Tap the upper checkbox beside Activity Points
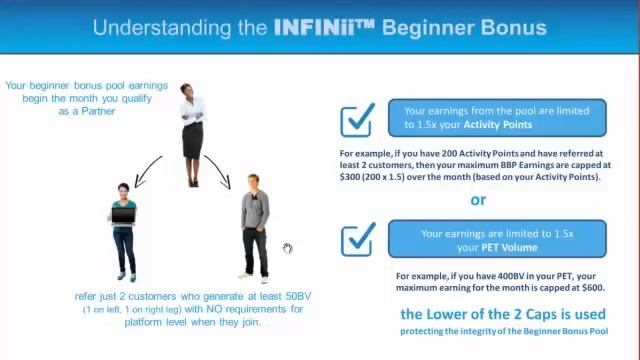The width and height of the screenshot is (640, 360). (x=357, y=119)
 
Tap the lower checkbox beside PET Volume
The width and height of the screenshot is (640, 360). (x=357, y=240)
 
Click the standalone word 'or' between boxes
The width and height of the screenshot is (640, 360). (x=478, y=199)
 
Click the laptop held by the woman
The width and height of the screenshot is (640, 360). (x=123, y=215)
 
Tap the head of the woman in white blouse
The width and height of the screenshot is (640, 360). (x=188, y=91)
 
